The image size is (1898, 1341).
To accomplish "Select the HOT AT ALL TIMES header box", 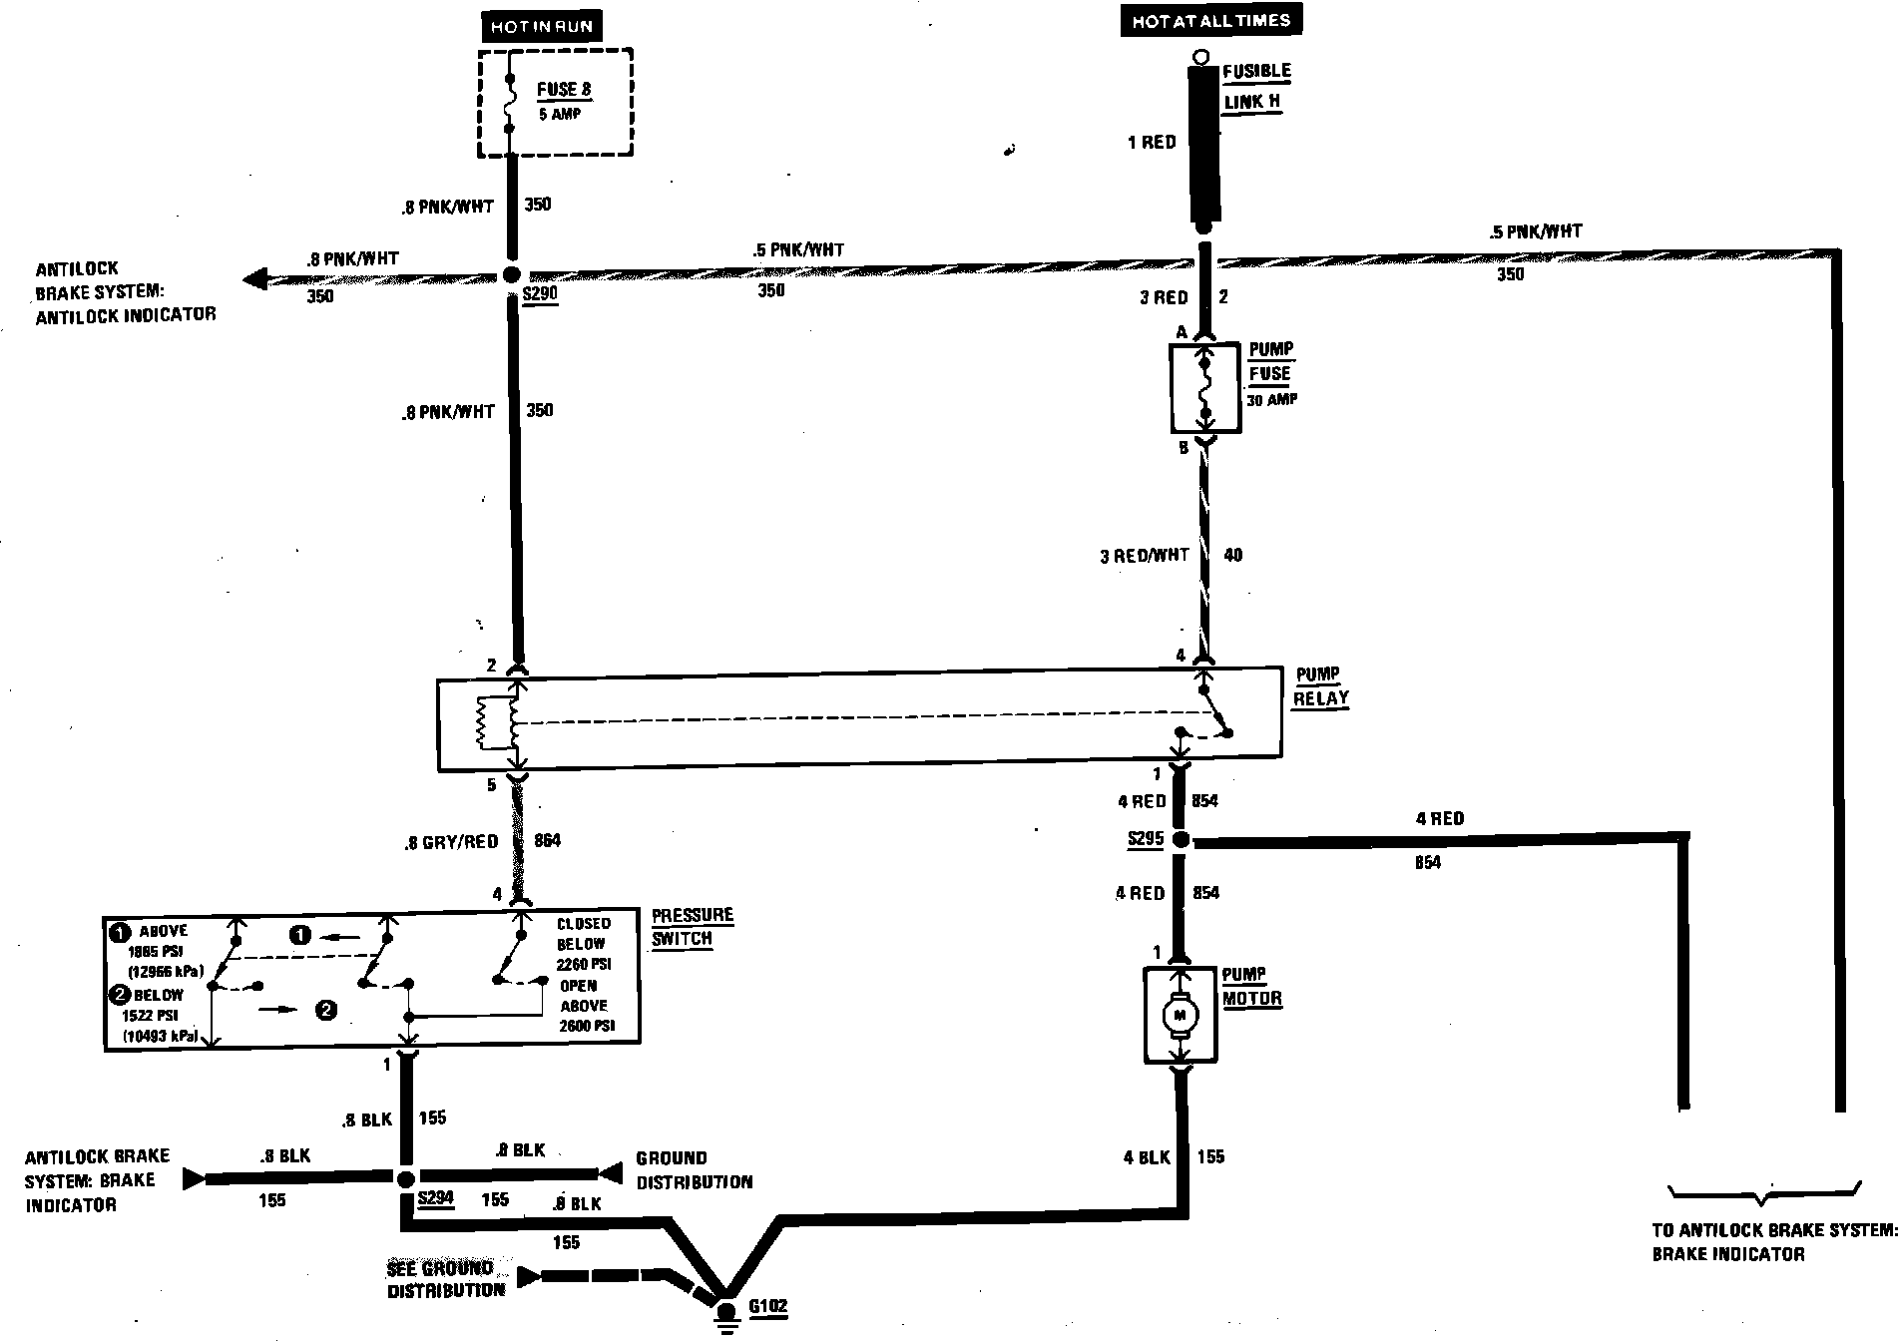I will point(1210,20).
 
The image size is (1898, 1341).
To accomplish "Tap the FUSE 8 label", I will point(564,89).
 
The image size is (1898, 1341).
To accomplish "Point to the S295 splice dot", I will point(1181,840).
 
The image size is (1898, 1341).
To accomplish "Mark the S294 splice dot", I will point(405,1179).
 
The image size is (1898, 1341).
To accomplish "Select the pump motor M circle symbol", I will point(1180,1016).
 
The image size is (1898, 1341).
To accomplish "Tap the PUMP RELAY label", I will point(1319,686).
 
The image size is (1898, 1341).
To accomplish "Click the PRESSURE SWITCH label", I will point(692,926).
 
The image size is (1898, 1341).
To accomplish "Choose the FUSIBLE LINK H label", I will point(1255,86).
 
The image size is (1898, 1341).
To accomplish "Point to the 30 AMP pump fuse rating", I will point(1271,400).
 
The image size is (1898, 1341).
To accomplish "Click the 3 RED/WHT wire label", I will point(1144,556).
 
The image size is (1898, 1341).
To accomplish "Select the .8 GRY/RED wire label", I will point(450,841).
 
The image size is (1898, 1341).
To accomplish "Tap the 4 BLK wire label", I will point(1146,1157).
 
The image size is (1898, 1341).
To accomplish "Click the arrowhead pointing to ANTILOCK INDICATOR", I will point(255,278).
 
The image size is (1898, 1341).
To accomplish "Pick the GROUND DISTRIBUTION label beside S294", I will point(694,1169).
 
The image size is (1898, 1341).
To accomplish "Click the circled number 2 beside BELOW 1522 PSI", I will point(119,994).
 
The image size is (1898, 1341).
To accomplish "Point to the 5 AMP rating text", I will point(560,114).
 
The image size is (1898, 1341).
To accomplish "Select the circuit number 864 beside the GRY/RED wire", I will point(548,840).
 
